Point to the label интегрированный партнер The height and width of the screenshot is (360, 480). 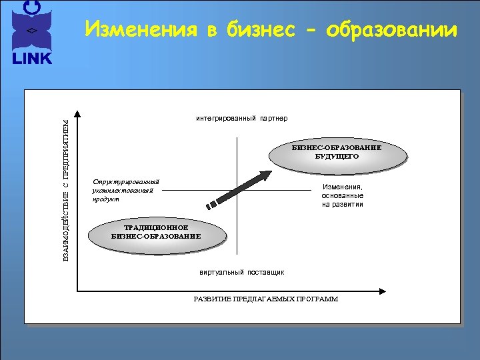tap(241, 119)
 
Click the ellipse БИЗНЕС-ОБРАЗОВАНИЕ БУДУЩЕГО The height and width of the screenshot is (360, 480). tap(337, 153)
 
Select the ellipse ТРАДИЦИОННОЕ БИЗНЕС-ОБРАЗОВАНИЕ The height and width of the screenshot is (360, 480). tap(156, 233)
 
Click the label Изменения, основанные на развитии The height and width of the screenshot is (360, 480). tap(342, 196)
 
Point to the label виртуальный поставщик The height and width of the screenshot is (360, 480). tap(242, 272)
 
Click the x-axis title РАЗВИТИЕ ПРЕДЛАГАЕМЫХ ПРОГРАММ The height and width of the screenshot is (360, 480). tap(265, 299)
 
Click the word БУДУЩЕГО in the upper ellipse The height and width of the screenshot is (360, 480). tap(337, 157)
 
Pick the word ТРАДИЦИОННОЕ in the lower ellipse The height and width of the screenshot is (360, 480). tap(156, 228)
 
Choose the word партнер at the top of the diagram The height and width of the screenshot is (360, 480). tap(273, 119)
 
